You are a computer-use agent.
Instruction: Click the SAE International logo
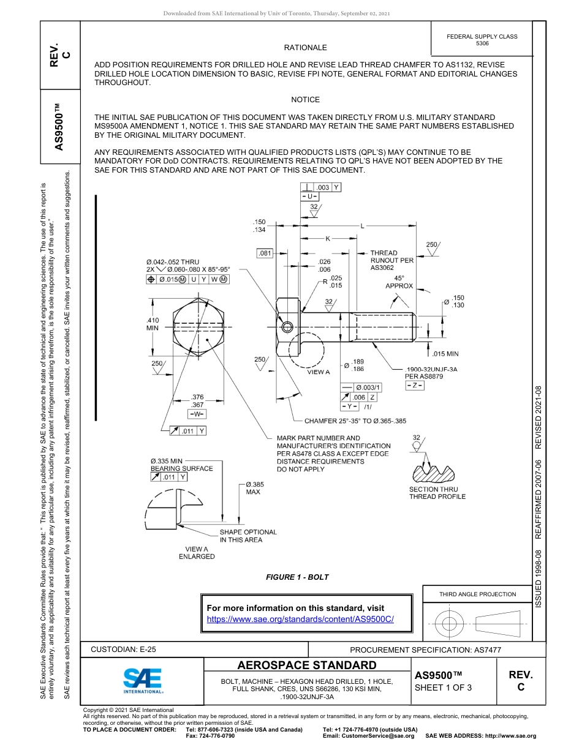143,680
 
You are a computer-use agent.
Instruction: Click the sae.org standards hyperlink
300,619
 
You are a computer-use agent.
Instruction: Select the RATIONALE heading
305,48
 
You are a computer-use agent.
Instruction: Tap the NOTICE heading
305,100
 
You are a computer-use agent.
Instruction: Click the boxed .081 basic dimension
265,253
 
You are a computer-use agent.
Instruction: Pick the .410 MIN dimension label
153,324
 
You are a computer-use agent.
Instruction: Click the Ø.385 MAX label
254,488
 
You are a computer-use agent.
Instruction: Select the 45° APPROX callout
399,282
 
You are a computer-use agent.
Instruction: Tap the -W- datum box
197,413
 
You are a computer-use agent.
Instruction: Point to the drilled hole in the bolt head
287,328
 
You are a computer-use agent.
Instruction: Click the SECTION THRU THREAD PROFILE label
437,493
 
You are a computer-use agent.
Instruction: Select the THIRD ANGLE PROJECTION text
477,594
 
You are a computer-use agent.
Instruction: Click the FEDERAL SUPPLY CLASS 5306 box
482,40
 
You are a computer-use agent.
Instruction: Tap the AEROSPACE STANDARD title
306,665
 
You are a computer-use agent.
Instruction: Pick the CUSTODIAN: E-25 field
123,650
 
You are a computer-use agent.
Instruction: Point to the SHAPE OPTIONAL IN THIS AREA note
248,536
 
